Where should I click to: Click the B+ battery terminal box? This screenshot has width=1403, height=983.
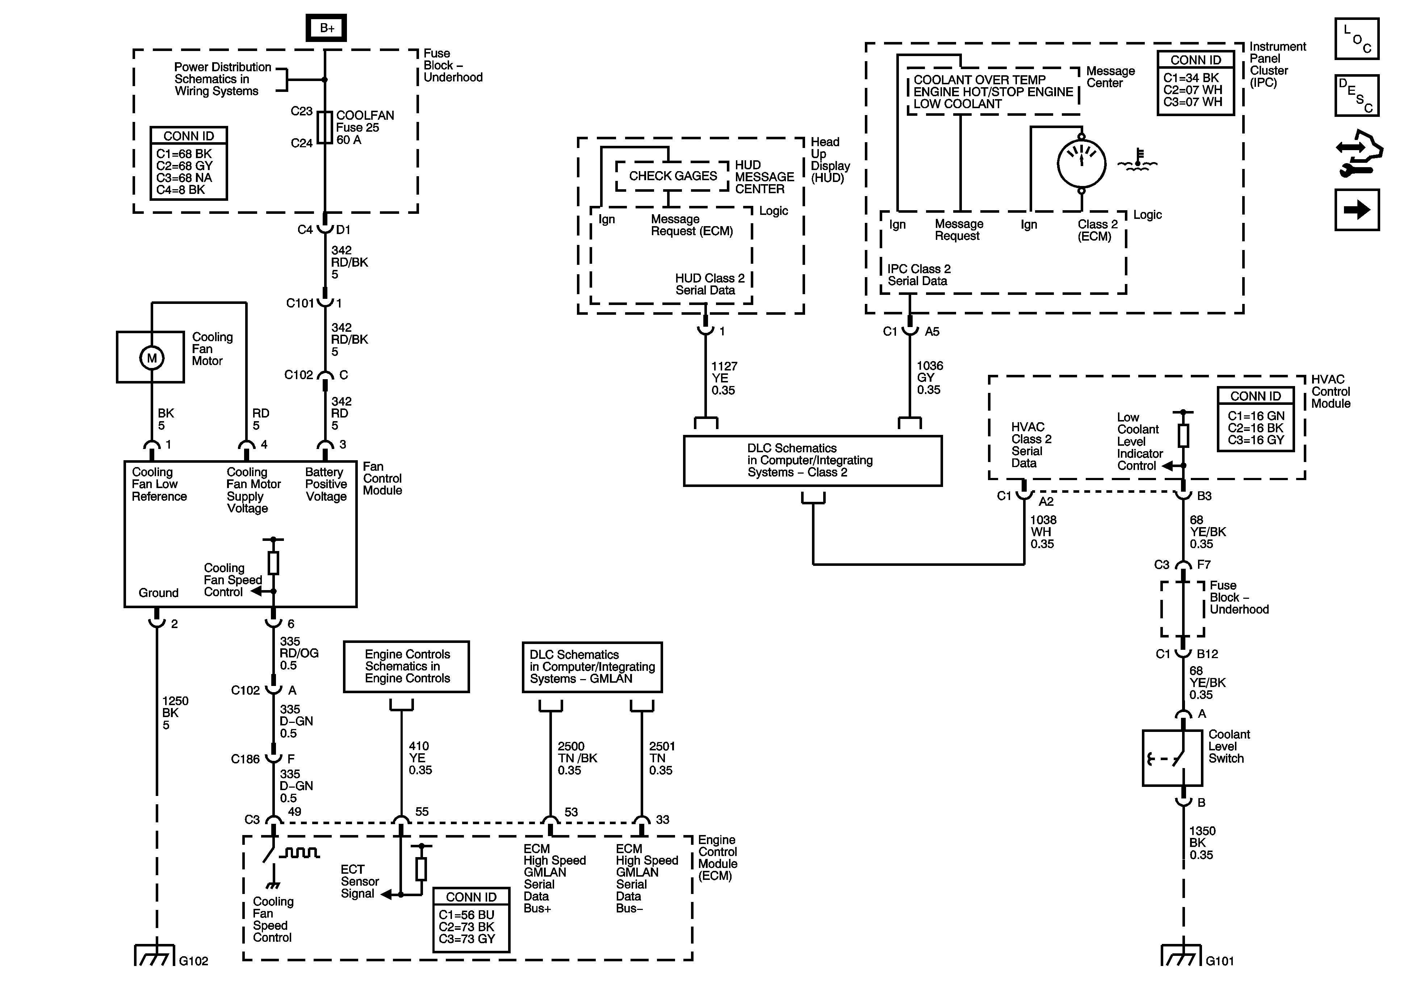coord(326,27)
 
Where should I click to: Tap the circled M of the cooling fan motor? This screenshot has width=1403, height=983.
coord(151,358)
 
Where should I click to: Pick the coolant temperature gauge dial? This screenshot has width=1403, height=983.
coord(1081,164)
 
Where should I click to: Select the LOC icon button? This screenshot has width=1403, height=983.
coord(1357,38)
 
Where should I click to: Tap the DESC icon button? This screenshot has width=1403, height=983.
coord(1357,95)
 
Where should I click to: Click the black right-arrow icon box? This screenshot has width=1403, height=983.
coord(1357,209)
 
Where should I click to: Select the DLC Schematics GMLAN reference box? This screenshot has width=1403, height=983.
coord(592,667)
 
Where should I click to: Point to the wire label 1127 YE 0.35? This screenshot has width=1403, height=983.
coord(724,378)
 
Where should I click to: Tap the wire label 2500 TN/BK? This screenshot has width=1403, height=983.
coord(577,758)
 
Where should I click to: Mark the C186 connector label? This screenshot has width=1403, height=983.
coord(245,759)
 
